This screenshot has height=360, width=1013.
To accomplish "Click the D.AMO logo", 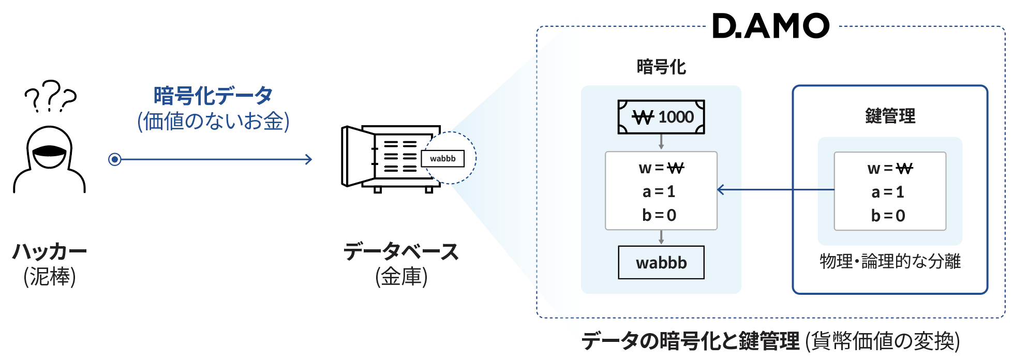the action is [771, 26].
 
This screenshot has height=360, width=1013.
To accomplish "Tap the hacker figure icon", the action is [49, 159].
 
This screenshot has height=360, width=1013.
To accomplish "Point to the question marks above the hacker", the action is [50, 96].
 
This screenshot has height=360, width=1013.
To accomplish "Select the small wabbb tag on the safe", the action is [443, 158].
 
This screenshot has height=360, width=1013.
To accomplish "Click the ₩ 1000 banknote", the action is [661, 117].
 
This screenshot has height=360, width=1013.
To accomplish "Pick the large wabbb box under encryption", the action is [661, 262].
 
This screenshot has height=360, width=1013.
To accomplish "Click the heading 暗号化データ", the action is [213, 96].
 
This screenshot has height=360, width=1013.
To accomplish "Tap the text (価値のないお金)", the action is [213, 121].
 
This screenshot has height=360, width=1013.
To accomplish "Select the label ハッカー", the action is [50, 251].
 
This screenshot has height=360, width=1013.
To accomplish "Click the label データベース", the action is [401, 251].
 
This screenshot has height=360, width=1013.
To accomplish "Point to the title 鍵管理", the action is [890, 116].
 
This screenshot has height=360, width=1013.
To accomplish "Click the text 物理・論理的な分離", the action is [890, 261].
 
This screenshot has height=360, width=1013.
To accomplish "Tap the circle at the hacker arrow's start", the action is [115, 159].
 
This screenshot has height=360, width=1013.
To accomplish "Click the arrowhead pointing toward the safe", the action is [308, 159].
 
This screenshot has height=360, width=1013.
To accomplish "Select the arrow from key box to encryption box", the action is [776, 190].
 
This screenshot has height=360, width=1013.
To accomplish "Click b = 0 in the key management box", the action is [888, 215].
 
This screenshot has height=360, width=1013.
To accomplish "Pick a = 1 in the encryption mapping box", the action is [659, 191].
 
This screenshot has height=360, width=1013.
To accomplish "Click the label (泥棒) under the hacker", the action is [50, 277].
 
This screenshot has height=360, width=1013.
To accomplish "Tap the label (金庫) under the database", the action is [401, 277].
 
